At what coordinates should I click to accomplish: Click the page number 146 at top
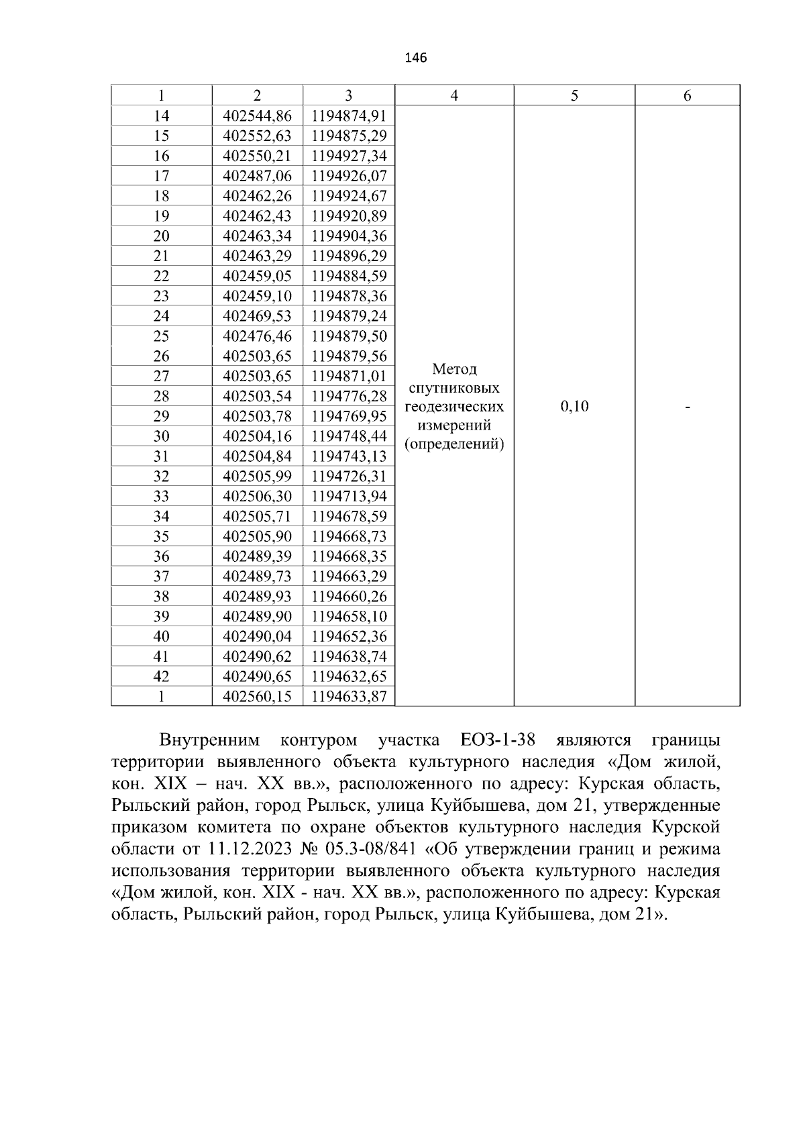pyautogui.click(x=416, y=58)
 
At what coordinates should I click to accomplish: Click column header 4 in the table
pyautogui.click(x=454, y=96)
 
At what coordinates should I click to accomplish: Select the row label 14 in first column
pyautogui.click(x=161, y=116)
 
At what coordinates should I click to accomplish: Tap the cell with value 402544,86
pyautogui.click(x=257, y=116)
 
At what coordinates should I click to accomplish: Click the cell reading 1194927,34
pyautogui.click(x=349, y=156)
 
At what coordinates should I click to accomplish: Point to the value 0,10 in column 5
pyautogui.click(x=574, y=406)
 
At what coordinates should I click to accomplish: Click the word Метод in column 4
pyautogui.click(x=454, y=369)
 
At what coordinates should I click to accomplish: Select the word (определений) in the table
pyautogui.click(x=454, y=444)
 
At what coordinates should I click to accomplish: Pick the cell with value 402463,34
pyautogui.click(x=257, y=236)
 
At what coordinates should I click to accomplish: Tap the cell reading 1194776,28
pyautogui.click(x=349, y=396)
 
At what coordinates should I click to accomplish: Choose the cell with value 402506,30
pyautogui.click(x=257, y=496)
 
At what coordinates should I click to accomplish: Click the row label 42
pyautogui.click(x=161, y=677)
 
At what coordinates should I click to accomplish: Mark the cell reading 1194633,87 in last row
pyautogui.click(x=349, y=697)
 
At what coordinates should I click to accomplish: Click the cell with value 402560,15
pyautogui.click(x=257, y=697)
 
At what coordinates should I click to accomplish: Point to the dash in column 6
pyautogui.click(x=688, y=407)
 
